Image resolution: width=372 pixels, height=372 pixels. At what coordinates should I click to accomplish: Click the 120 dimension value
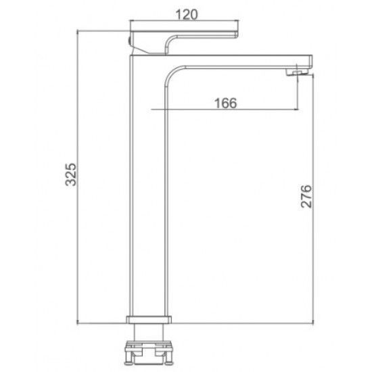point(187,14)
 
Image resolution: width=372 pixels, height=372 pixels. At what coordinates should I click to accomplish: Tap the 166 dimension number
point(225,103)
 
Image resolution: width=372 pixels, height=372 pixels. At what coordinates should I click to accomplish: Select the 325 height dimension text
point(71,175)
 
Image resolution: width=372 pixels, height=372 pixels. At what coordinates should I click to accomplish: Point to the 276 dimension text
point(306,196)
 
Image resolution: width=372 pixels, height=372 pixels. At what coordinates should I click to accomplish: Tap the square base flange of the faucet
point(149,319)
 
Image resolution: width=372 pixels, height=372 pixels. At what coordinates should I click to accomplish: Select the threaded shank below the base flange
point(149,332)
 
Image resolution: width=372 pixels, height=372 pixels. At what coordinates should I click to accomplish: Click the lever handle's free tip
point(237,34)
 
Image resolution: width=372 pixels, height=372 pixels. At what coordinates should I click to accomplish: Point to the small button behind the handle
point(129,41)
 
